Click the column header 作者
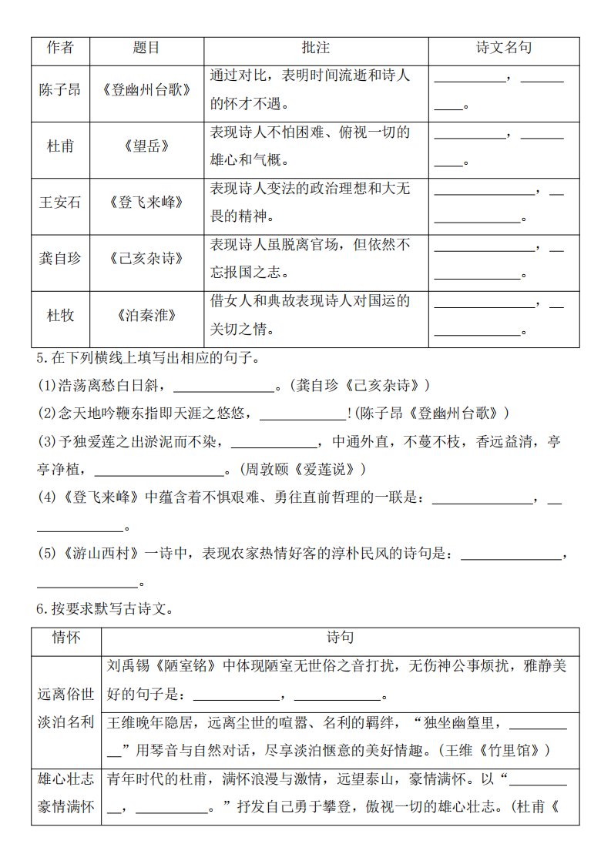click(60, 49)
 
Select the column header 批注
click(315, 49)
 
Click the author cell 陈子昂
click(60, 90)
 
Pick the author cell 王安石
click(60, 203)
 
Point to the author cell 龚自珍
click(60, 259)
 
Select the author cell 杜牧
click(60, 315)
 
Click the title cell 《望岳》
click(146, 146)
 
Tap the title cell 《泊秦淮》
click(146, 315)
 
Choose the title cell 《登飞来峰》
click(146, 203)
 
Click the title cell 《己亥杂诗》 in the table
click(146, 259)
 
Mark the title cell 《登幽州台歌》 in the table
click(146, 90)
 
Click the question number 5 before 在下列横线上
click(41, 357)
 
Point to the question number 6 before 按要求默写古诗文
click(41, 609)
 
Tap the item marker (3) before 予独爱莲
click(47, 442)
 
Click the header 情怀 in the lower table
click(66, 638)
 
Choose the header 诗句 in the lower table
click(340, 638)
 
